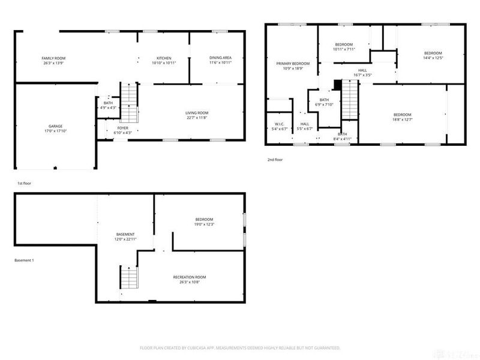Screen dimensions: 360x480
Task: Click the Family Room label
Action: [53, 58]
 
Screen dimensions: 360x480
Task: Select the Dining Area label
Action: [220, 58]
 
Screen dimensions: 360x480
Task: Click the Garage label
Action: [55, 127]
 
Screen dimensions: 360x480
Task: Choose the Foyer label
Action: [122, 128]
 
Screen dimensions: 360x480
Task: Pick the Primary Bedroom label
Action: [293, 64]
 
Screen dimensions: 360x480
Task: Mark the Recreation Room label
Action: [190, 277]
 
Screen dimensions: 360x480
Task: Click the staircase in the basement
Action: [129, 278]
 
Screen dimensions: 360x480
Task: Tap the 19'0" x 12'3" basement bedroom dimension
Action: [204, 224]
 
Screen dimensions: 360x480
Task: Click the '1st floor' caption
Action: [24, 182]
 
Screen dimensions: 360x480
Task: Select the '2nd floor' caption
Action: [275, 160]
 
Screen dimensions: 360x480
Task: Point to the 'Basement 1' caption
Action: [25, 260]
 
